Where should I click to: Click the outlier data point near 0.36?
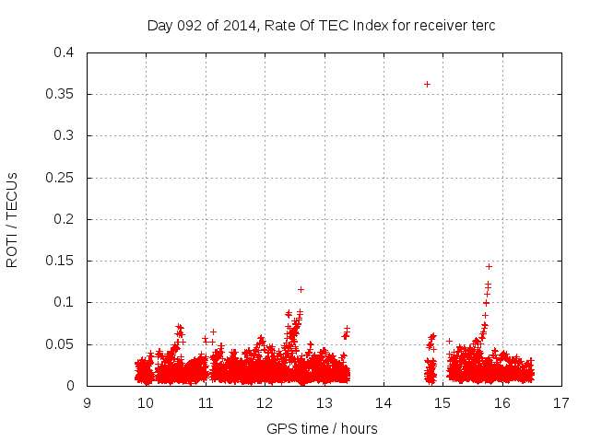click(427, 84)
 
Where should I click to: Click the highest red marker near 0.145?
click(489, 266)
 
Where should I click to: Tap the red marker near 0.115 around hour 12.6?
click(301, 289)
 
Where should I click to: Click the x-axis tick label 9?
click(87, 403)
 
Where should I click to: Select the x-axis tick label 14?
click(383, 403)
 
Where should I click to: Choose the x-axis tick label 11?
click(206, 403)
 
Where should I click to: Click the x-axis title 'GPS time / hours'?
click(322, 428)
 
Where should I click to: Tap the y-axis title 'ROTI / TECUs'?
click(12, 219)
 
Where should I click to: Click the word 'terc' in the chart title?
click(482, 26)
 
